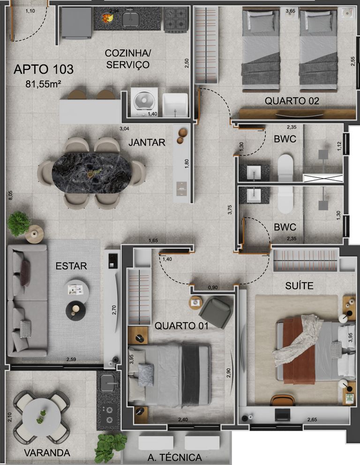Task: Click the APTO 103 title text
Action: tap(44, 69)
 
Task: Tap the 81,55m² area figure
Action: tap(43, 84)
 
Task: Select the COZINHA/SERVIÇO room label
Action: tap(127, 59)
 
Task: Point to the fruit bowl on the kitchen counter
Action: tap(107, 18)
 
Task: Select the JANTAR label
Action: tap(147, 143)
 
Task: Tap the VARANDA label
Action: tap(47, 453)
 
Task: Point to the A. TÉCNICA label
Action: tap(175, 457)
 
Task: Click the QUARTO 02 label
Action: tap(292, 101)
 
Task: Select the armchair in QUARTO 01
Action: tap(216, 312)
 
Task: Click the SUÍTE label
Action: tap(299, 286)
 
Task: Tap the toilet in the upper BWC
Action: tap(285, 168)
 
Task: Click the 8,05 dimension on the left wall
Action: tap(10, 196)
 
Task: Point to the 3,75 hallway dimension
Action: tap(230, 209)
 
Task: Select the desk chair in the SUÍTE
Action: tap(283, 400)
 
